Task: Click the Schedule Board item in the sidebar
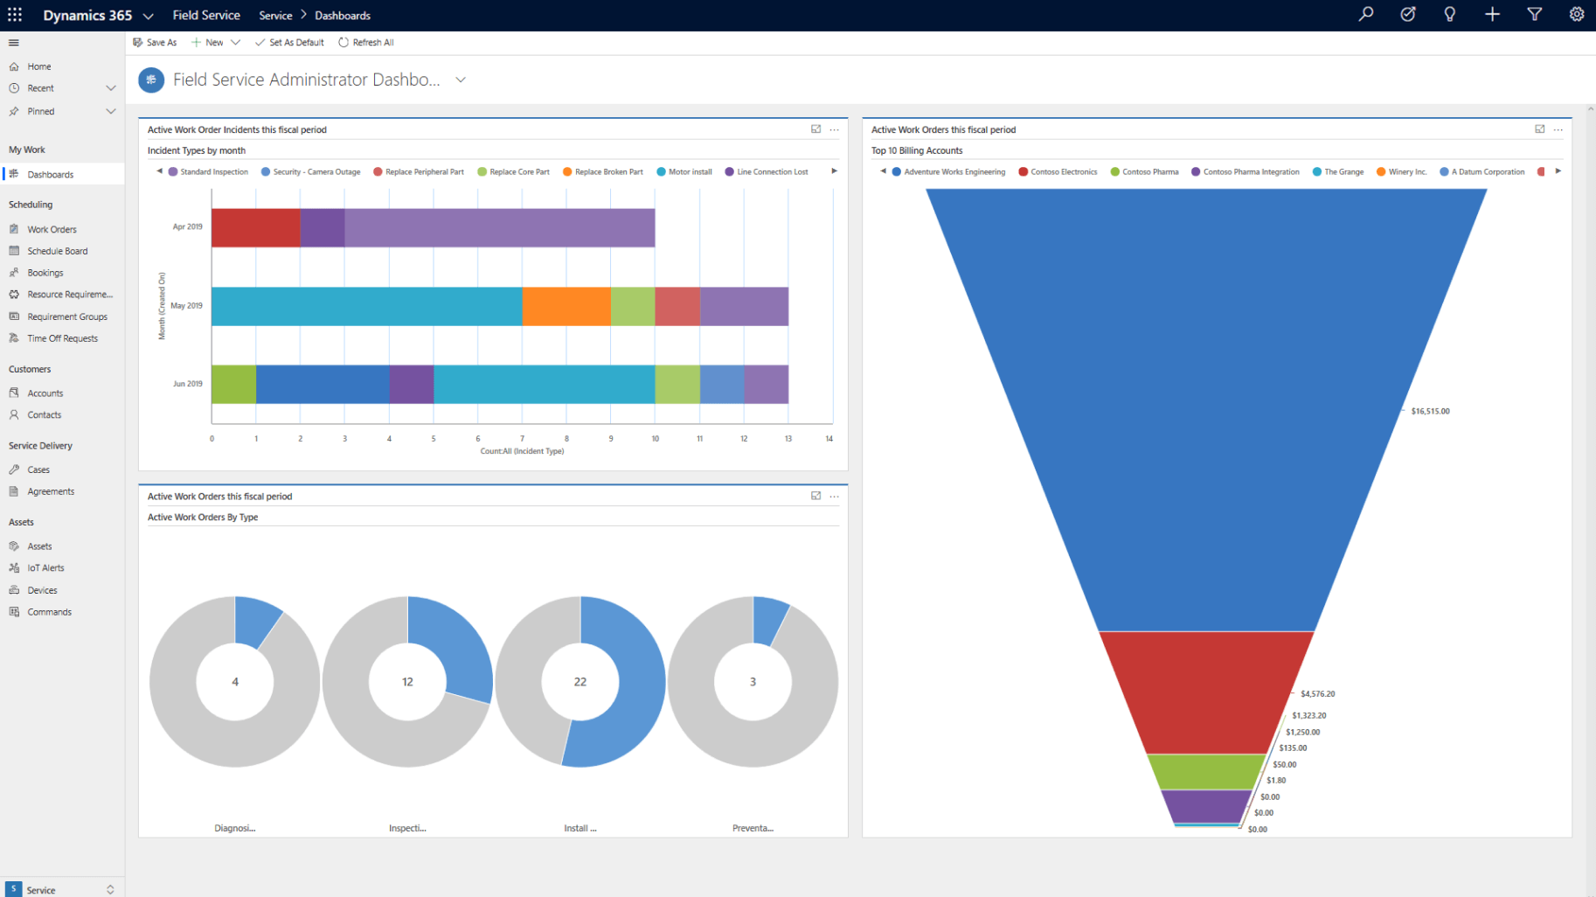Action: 57,251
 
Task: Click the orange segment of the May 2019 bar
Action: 566,306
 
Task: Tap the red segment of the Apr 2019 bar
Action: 255,227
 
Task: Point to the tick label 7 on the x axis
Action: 522,439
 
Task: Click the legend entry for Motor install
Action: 689,172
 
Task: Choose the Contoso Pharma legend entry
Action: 1149,172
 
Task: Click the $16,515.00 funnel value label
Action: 1430,411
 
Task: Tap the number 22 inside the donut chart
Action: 580,682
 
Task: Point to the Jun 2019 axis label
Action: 187,384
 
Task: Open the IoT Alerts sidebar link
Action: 45,568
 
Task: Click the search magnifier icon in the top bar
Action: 1366,15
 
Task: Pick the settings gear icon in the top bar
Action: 1576,15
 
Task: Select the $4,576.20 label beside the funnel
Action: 1317,694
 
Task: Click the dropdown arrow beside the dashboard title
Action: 461,80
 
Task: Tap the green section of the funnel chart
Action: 1205,772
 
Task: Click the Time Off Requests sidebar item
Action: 62,338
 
